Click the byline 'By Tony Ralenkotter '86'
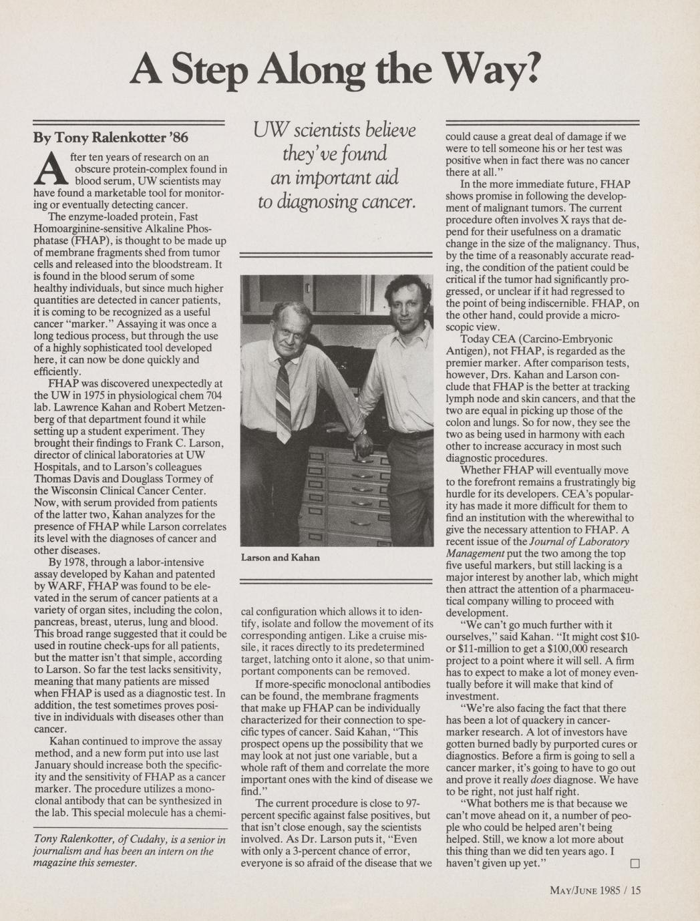pyautogui.click(x=111, y=138)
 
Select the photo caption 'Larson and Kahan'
pyautogui.click(x=280, y=557)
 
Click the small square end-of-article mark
pyautogui.click(x=634, y=864)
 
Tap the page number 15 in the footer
pyautogui.click(x=635, y=890)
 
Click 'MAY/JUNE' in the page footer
pyautogui.click(x=572, y=890)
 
